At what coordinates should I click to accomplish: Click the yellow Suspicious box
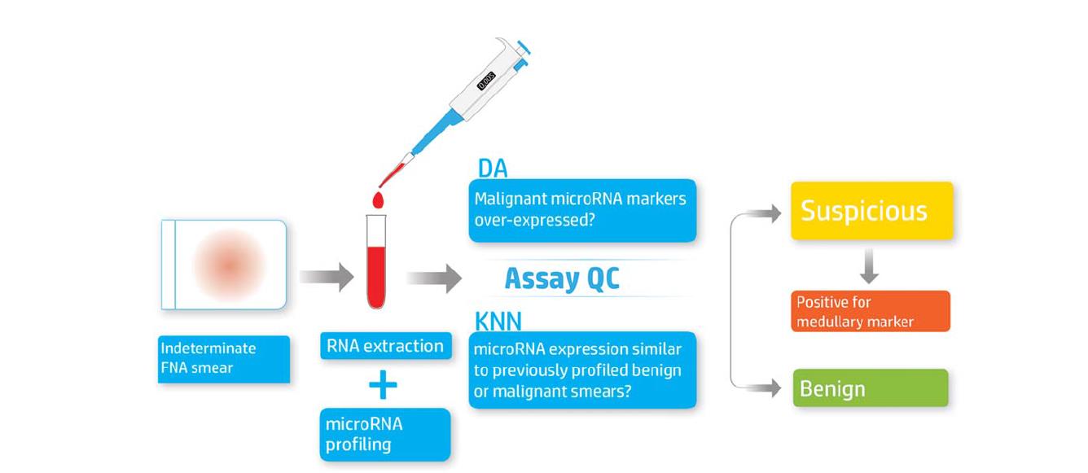(x=871, y=211)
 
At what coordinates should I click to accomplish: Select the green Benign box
(x=871, y=388)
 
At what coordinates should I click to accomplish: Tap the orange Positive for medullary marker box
(x=871, y=311)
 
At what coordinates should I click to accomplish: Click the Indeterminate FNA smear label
(x=224, y=358)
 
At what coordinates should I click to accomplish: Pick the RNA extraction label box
(x=385, y=346)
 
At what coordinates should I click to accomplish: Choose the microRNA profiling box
(x=384, y=434)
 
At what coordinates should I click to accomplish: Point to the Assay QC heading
(x=562, y=278)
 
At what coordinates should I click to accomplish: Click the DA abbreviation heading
(x=493, y=169)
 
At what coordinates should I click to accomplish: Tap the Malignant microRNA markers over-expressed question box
(x=582, y=210)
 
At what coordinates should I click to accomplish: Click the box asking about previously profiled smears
(x=582, y=370)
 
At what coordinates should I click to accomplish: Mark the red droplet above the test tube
(x=378, y=199)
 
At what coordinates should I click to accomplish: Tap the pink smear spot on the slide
(x=229, y=265)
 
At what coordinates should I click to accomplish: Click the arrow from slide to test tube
(x=326, y=278)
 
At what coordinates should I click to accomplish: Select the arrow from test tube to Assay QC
(x=433, y=278)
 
